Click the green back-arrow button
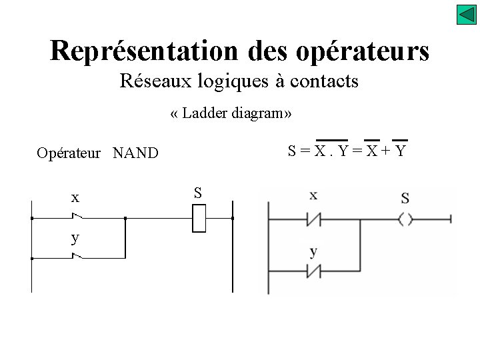pyautogui.click(x=466, y=15)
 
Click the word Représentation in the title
pyautogui.click(x=143, y=51)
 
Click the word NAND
pyautogui.click(x=135, y=153)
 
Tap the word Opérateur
pyautogui.click(x=69, y=153)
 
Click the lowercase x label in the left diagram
pyautogui.click(x=75, y=197)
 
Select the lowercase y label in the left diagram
pyautogui.click(x=75, y=238)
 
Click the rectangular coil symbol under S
pyautogui.click(x=199, y=218)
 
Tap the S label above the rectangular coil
pyautogui.click(x=198, y=193)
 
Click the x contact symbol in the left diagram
pyautogui.click(x=78, y=217)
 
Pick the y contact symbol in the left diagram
pyautogui.click(x=78, y=257)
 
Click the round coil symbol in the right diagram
pyautogui.click(x=405, y=219)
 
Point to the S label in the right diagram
pyautogui.click(x=405, y=198)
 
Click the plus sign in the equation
pyautogui.click(x=385, y=151)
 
